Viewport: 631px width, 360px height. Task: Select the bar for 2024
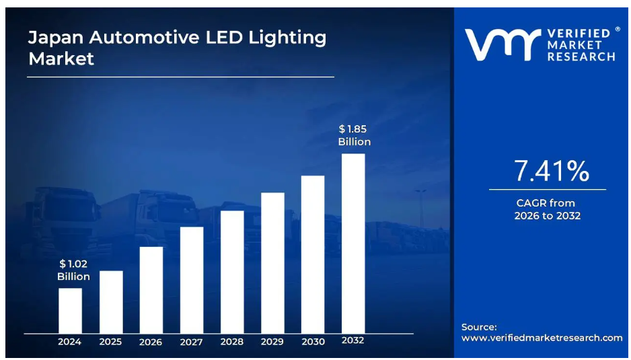click(70, 310)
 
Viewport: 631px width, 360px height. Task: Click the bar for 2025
click(111, 301)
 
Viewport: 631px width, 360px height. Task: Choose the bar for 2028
click(232, 271)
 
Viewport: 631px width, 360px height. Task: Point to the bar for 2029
click(272, 262)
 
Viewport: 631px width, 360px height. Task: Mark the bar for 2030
click(313, 254)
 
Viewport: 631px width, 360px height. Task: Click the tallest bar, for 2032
click(353, 243)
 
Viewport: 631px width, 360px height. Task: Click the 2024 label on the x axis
click(69, 342)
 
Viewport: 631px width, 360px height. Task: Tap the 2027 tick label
click(192, 342)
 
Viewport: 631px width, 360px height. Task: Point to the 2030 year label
click(313, 342)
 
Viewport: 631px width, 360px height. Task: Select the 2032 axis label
click(353, 340)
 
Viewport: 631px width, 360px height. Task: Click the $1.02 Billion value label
click(73, 271)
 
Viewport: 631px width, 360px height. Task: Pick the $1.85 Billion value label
click(355, 135)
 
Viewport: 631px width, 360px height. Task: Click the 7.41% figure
click(552, 172)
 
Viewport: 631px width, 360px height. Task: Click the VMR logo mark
click(501, 44)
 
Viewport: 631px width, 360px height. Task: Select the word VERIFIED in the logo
click(579, 33)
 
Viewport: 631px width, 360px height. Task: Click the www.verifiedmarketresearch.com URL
click(542, 338)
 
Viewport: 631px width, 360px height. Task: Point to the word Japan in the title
click(54, 38)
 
